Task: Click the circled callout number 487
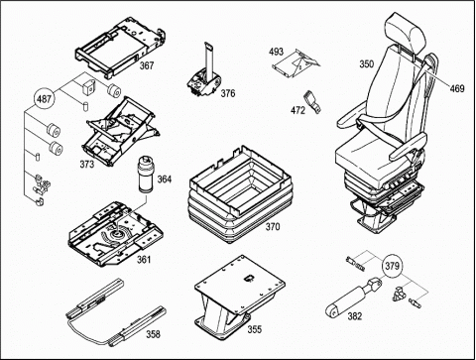click(x=44, y=98)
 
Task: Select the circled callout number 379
click(x=392, y=266)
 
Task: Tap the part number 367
click(x=147, y=65)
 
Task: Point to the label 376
click(x=228, y=93)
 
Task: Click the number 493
click(x=276, y=52)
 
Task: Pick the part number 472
click(x=297, y=110)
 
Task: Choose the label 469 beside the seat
click(x=457, y=88)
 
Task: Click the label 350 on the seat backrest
click(x=367, y=63)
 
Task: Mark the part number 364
click(x=165, y=180)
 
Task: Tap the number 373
click(x=87, y=164)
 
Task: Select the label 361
click(x=144, y=260)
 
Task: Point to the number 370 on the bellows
click(x=273, y=227)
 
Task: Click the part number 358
click(x=153, y=334)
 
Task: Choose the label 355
click(x=255, y=329)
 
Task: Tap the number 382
click(x=355, y=316)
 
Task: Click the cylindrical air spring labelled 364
click(x=146, y=174)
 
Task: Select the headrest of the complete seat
click(x=406, y=32)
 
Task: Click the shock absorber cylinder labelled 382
click(x=353, y=298)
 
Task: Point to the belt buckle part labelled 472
click(x=311, y=102)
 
